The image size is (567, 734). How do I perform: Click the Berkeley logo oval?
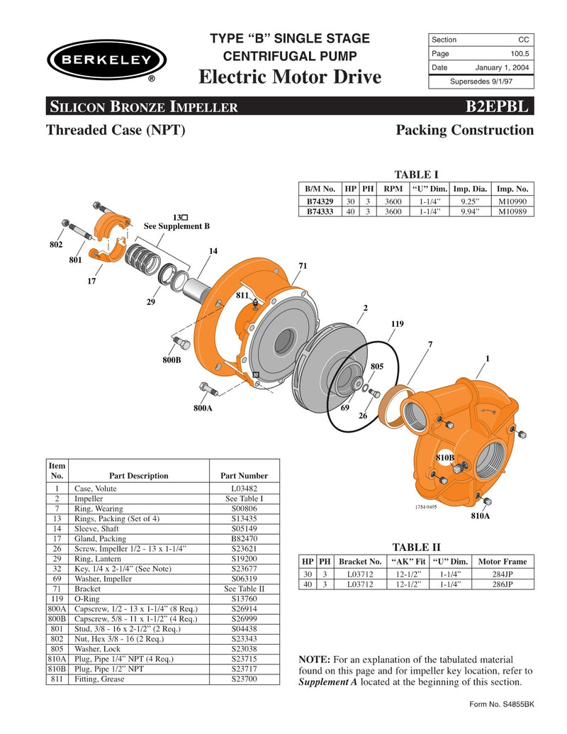click(106, 60)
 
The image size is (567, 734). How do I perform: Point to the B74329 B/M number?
click(320, 201)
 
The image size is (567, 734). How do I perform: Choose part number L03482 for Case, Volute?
click(244, 489)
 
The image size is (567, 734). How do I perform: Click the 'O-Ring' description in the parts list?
click(87, 599)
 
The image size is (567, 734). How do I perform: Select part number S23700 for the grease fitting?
click(244, 679)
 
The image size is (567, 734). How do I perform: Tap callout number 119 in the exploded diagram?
click(397, 324)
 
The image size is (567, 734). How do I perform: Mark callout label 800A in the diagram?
click(203, 408)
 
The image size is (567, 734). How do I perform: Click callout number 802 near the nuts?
click(56, 245)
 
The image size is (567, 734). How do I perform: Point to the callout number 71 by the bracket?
click(303, 265)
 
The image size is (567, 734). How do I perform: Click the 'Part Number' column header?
click(244, 476)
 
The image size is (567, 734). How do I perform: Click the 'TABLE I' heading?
click(416, 174)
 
